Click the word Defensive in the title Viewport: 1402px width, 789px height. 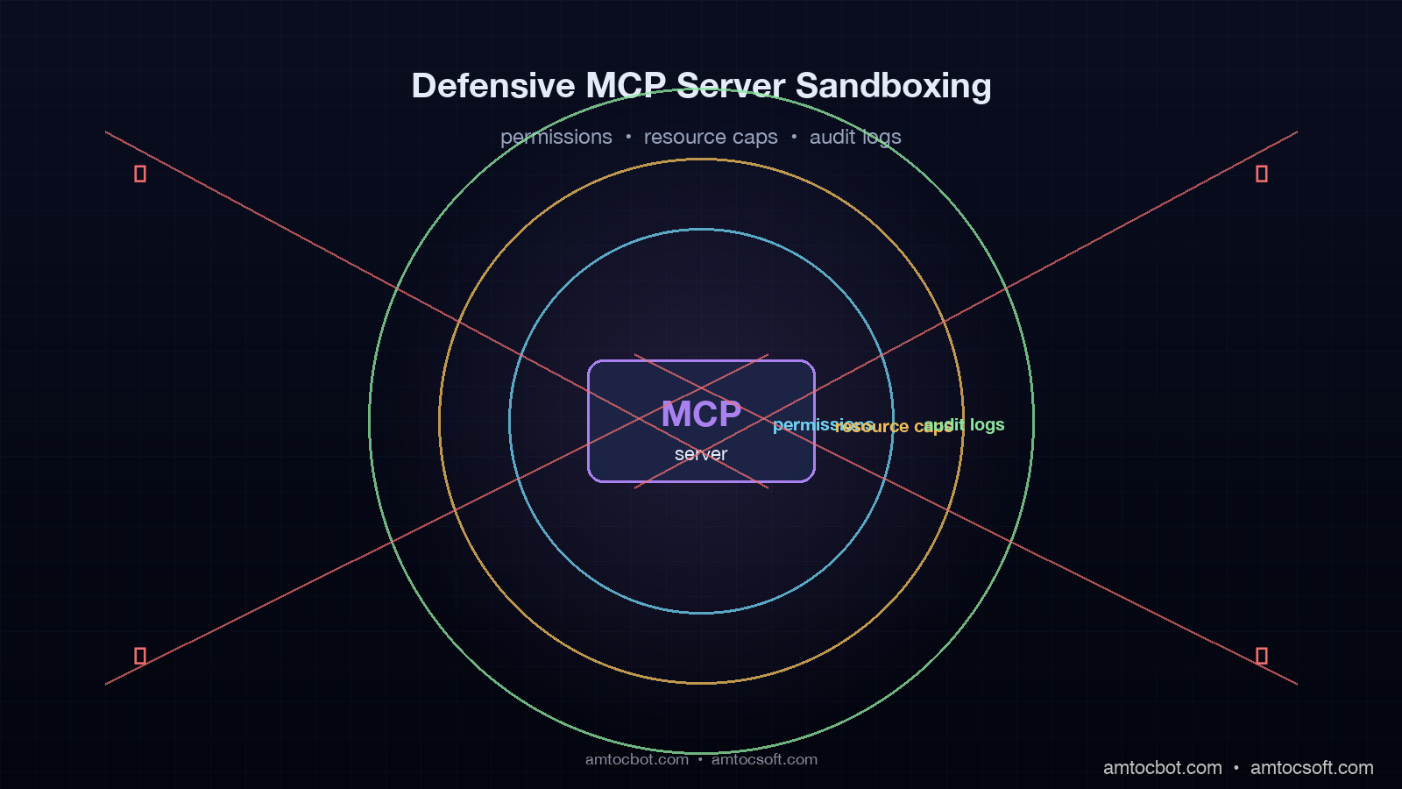[x=493, y=86]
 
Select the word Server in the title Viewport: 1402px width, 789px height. [x=731, y=86]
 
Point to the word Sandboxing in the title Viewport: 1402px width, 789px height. [x=893, y=86]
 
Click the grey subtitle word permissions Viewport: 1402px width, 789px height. [x=556, y=138]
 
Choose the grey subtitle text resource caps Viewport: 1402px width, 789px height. [x=711, y=138]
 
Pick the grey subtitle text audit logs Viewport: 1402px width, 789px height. [x=855, y=138]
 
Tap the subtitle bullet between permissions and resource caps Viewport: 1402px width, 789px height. [x=628, y=137]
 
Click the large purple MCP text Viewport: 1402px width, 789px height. [x=701, y=415]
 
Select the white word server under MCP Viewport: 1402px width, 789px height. [x=701, y=454]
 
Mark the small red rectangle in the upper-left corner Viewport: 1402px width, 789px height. [x=140, y=174]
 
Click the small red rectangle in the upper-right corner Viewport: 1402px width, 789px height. [x=1262, y=174]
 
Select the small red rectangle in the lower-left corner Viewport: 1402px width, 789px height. [x=140, y=656]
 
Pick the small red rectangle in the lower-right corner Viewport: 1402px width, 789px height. [x=1262, y=656]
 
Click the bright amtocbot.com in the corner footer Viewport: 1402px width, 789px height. [x=1162, y=768]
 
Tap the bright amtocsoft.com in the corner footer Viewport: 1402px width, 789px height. [x=1312, y=768]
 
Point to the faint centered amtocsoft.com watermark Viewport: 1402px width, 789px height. [x=764, y=760]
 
